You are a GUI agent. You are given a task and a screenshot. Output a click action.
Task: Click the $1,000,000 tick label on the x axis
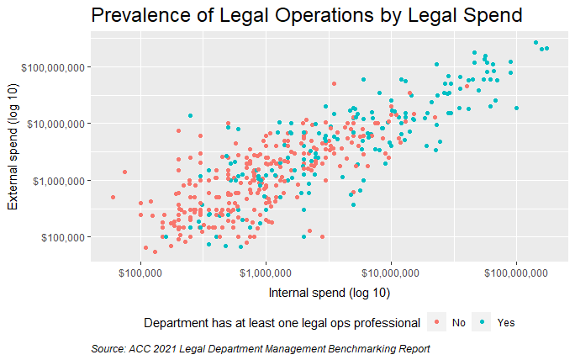(266, 273)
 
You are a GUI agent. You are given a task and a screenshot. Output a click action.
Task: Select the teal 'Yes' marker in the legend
(482, 322)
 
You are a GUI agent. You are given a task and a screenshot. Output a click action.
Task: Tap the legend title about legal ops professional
(282, 322)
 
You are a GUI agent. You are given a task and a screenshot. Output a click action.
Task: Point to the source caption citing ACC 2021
(260, 348)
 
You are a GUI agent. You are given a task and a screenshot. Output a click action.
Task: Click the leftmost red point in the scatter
(113, 197)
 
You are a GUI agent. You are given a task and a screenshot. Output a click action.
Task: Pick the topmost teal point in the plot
(535, 42)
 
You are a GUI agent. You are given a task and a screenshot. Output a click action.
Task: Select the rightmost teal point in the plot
(546, 49)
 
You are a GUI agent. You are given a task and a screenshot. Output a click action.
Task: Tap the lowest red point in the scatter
(155, 251)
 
